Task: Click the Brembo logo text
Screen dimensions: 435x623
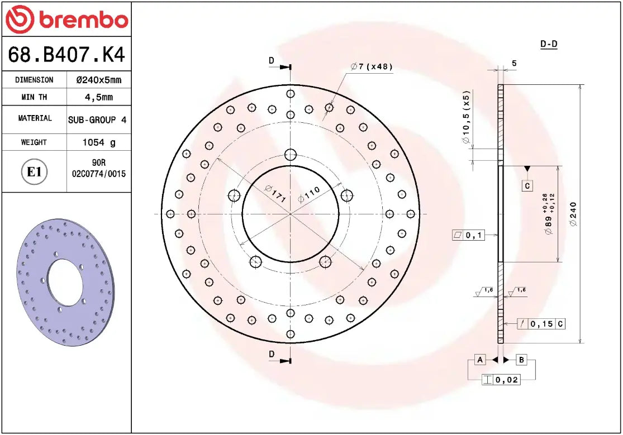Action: (x=83, y=21)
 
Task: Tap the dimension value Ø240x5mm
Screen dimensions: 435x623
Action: (x=98, y=80)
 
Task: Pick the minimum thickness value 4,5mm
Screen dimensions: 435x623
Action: (x=98, y=97)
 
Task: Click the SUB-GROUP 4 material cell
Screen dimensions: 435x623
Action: (x=97, y=119)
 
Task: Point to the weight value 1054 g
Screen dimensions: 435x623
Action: (x=98, y=142)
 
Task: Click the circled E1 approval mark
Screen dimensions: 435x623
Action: (x=34, y=171)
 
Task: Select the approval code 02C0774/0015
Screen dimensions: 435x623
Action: (x=99, y=174)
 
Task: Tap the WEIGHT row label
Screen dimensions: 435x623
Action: (x=34, y=142)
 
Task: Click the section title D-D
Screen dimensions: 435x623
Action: (x=549, y=44)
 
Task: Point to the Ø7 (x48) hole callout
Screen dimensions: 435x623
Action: (x=372, y=66)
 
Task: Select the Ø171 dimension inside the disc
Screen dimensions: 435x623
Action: (x=275, y=193)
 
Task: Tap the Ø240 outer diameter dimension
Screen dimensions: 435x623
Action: (x=573, y=214)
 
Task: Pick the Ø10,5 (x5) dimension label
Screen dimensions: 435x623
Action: (x=466, y=117)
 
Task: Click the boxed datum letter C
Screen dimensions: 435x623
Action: (x=527, y=185)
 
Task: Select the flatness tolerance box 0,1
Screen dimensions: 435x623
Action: (x=468, y=236)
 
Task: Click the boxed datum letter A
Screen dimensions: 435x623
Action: (x=479, y=360)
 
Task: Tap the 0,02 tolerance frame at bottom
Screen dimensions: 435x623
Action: (x=501, y=380)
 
